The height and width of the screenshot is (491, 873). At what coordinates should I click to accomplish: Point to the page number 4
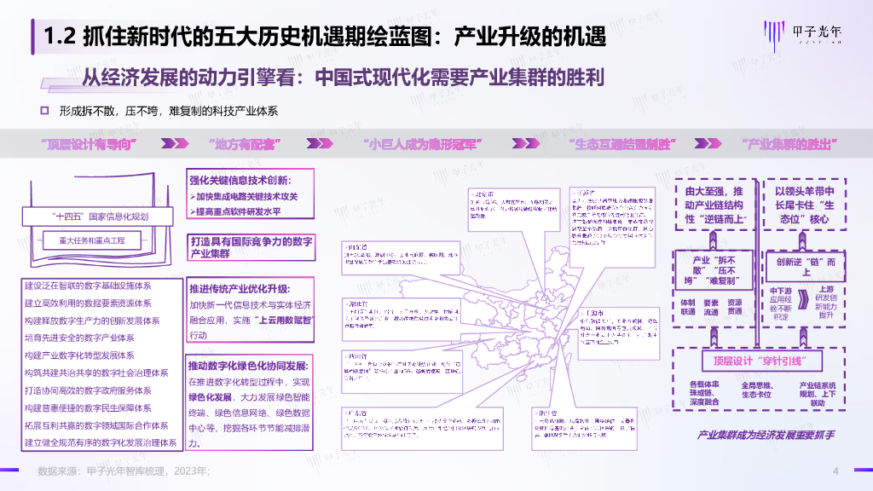[835, 471]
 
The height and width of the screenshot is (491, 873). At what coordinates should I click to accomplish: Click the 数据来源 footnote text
[124, 471]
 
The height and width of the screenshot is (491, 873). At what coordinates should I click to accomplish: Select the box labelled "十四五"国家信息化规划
[100, 217]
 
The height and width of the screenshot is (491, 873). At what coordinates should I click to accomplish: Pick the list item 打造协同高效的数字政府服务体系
[90, 390]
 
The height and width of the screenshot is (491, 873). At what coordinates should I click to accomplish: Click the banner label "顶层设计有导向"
[89, 142]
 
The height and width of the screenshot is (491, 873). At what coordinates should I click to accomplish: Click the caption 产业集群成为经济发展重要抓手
[766, 435]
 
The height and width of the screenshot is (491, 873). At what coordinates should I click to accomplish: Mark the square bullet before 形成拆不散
[45, 112]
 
